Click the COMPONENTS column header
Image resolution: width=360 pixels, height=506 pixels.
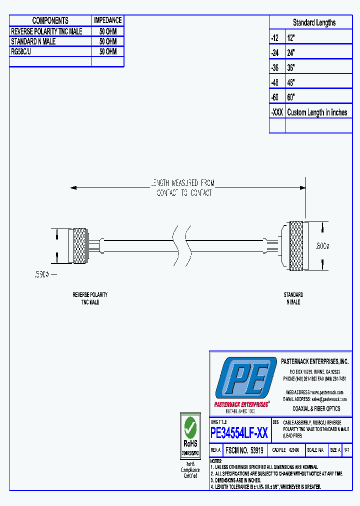pyautogui.click(x=50, y=20)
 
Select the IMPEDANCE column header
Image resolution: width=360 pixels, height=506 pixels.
pyautogui.click(x=107, y=20)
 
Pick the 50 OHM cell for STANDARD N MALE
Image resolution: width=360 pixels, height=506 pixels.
pyautogui.click(x=107, y=41)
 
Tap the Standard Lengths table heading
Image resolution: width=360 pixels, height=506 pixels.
pyautogui.click(x=314, y=22)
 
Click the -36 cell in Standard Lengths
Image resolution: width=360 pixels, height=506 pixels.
pyautogui.click(x=276, y=67)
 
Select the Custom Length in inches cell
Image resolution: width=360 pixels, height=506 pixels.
pyautogui.click(x=317, y=112)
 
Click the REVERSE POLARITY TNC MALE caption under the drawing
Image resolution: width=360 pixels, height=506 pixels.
pyautogui.click(x=90, y=298)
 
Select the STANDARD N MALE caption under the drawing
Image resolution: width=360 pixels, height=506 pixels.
pyautogui.click(x=293, y=298)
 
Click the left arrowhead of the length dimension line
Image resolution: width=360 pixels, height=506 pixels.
pyautogui.click(x=73, y=188)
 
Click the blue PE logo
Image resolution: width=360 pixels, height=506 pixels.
pyautogui.click(x=245, y=379)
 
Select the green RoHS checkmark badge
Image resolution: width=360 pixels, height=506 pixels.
pyautogui.click(x=190, y=428)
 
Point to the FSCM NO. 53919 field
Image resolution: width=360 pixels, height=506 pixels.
pyautogui.click(x=244, y=450)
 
